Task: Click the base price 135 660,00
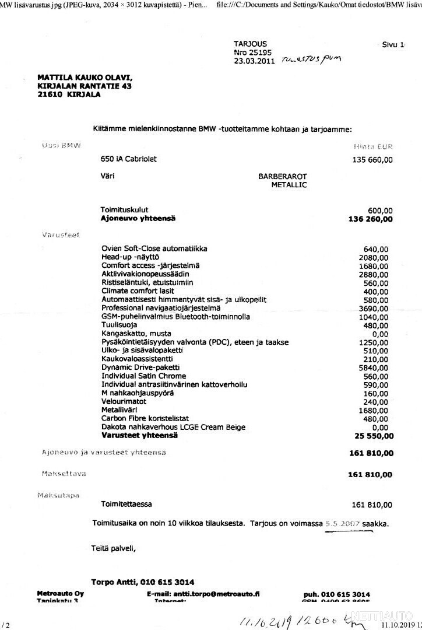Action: tap(372, 159)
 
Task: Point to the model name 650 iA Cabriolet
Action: tap(128, 159)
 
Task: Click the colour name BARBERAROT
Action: tap(283, 176)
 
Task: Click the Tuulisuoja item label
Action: tap(118, 325)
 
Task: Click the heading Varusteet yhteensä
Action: tap(139, 435)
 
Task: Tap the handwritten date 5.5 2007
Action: tap(342, 523)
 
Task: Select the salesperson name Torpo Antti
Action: tap(118, 582)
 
